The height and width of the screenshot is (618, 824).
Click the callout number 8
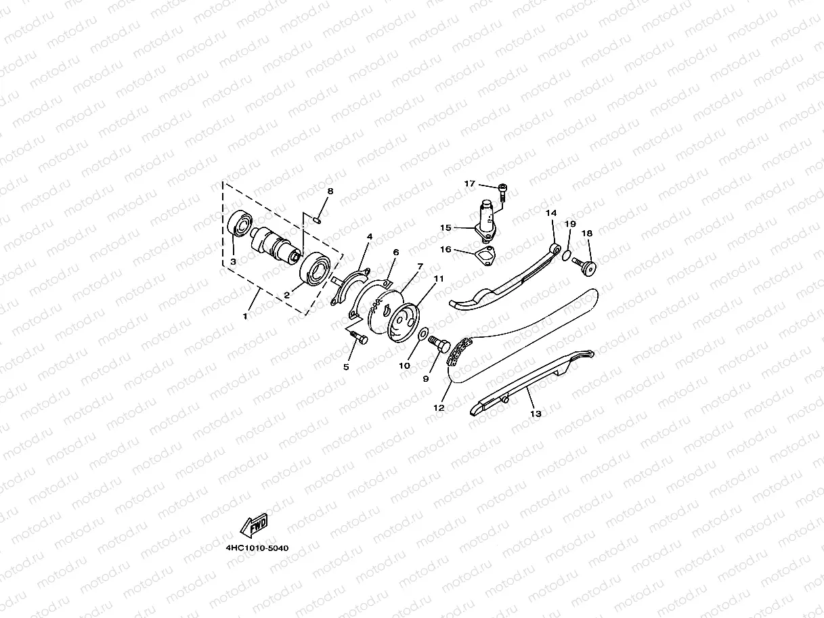pos(330,192)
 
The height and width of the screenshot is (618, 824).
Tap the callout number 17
pos(470,184)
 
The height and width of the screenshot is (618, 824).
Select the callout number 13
pos(536,413)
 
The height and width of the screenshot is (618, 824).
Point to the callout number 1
pos(246,315)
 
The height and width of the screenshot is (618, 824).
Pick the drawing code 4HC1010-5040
pos(257,548)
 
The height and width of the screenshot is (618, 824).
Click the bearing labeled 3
pos(240,223)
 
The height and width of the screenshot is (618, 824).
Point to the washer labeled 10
pos(422,334)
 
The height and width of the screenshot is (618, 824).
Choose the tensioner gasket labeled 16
pos(485,256)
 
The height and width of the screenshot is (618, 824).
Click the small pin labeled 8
pos(318,218)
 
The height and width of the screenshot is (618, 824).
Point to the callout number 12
pos(439,408)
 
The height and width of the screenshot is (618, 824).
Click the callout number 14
pos(551,213)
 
